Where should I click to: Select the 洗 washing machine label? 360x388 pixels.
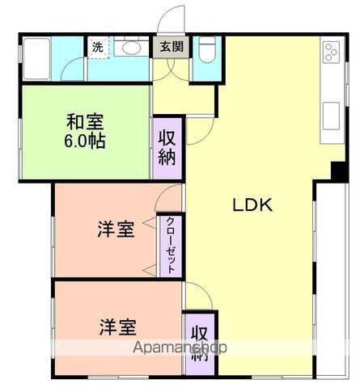[x=97, y=47]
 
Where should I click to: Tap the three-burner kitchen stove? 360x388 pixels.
[x=330, y=53]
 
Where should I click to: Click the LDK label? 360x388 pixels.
[x=253, y=205]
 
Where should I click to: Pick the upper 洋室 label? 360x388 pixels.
[x=115, y=229]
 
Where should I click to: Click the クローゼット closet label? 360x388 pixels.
[x=171, y=246]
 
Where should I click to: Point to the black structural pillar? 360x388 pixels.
[x=337, y=171]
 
